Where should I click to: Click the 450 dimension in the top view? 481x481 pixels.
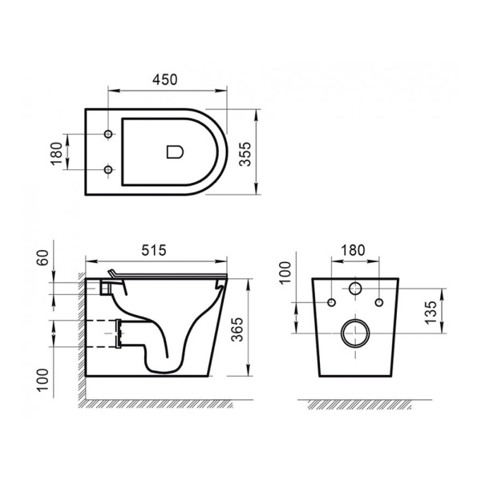pos(164,80)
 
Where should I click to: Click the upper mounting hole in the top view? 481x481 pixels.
pos(109,133)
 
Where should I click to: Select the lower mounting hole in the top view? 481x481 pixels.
pos(109,169)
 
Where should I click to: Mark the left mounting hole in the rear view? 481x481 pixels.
pos(329,302)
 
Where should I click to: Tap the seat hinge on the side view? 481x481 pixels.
pos(114,277)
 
